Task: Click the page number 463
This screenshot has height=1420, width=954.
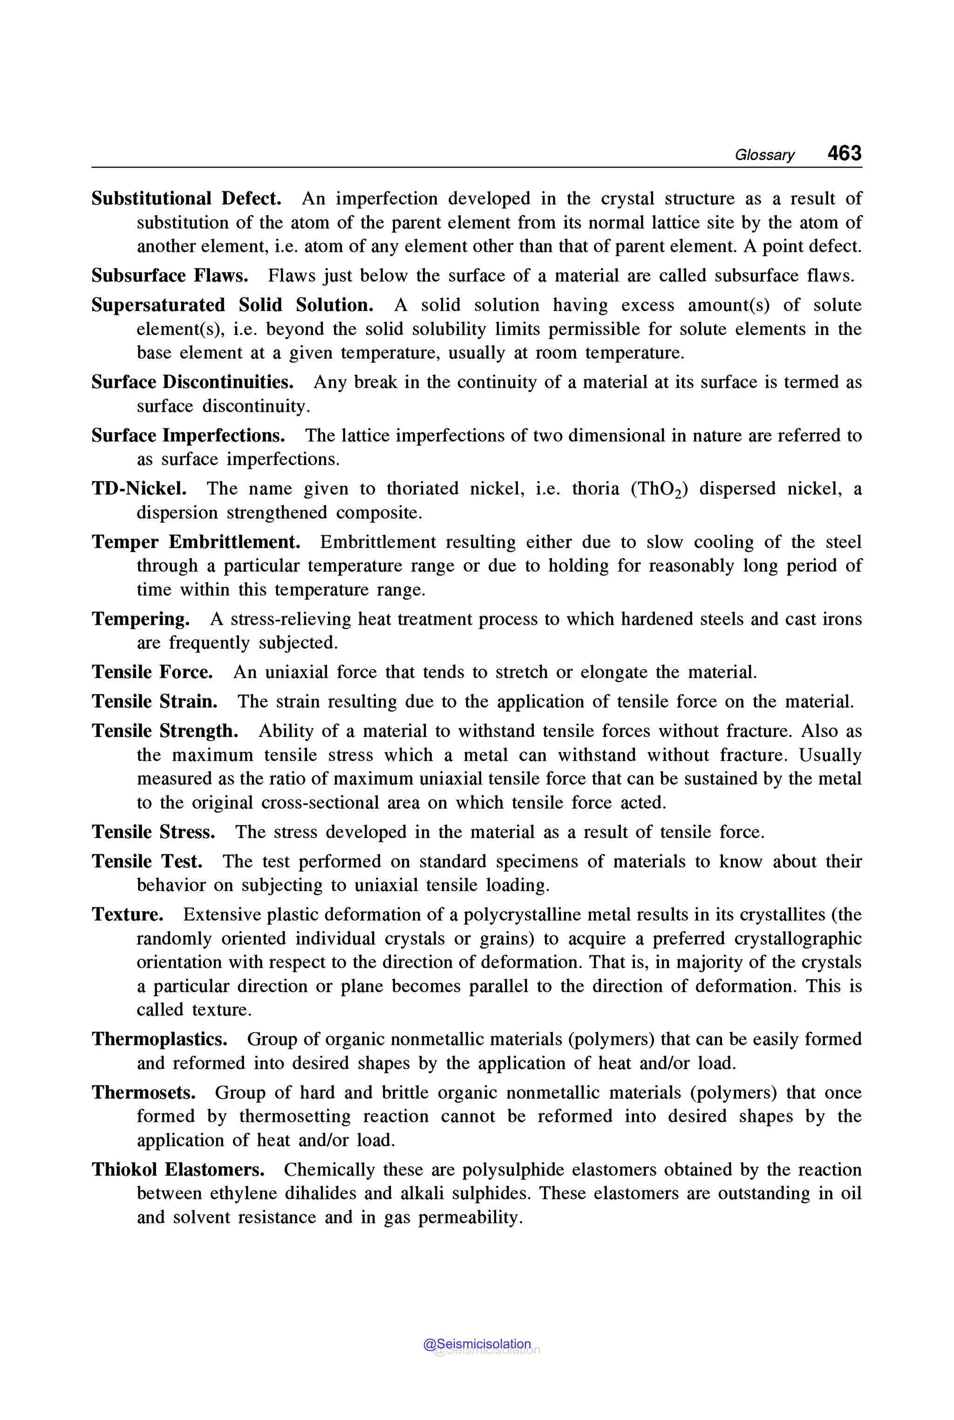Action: pyautogui.click(x=844, y=153)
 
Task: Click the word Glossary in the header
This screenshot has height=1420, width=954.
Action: pyautogui.click(x=764, y=155)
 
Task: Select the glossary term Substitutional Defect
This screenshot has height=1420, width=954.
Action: pyautogui.click(x=186, y=199)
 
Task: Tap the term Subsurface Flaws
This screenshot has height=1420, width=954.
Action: pyautogui.click(x=170, y=276)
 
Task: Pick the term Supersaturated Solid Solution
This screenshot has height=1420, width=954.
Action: pyautogui.click(x=232, y=305)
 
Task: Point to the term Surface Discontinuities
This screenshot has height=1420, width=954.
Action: pyautogui.click(x=192, y=383)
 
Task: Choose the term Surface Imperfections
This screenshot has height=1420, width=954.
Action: pyautogui.click(x=188, y=435)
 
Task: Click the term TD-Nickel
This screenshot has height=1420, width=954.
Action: pyautogui.click(x=139, y=489)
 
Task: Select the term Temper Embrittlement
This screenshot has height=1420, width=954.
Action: pyautogui.click(x=196, y=542)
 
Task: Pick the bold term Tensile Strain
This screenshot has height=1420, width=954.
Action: pyautogui.click(x=155, y=702)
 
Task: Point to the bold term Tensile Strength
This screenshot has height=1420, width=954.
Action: pyautogui.click(x=165, y=731)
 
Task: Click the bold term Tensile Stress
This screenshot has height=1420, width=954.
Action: pyautogui.click(x=153, y=832)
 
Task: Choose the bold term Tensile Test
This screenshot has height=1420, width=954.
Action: pyautogui.click(x=147, y=862)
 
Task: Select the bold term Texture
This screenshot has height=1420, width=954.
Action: pyautogui.click(x=127, y=915)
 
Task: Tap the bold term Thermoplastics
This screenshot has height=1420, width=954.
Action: pyautogui.click(x=159, y=1039)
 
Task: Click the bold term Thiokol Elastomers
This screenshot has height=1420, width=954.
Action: pyautogui.click(x=177, y=1170)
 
